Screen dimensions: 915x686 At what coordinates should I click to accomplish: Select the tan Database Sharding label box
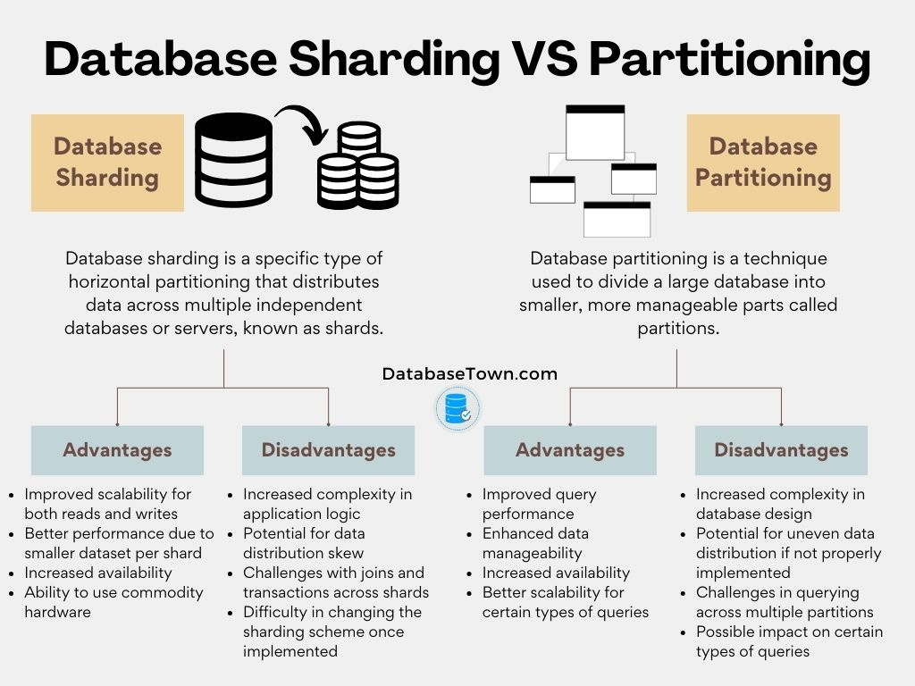(107, 163)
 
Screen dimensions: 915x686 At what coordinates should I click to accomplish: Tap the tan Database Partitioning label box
(763, 163)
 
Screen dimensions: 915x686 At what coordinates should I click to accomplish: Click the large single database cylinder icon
(233, 160)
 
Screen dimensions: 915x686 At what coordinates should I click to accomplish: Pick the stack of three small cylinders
(358, 167)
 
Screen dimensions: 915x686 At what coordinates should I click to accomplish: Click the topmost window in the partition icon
(595, 131)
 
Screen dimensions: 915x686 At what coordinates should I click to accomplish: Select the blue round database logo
(457, 409)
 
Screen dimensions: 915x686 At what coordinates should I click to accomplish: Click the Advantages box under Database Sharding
(117, 450)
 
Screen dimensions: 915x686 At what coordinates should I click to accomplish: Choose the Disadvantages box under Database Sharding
(328, 450)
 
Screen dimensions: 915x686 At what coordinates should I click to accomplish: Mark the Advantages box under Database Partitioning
(570, 450)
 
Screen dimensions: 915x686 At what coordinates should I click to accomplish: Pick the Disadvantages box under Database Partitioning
(781, 450)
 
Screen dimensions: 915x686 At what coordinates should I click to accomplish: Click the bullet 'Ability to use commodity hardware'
(113, 602)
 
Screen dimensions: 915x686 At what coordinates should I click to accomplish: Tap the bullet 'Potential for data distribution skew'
(304, 543)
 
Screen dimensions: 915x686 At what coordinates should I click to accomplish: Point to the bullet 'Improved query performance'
(539, 504)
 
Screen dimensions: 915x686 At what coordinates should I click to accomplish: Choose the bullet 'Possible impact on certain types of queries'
(789, 641)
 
